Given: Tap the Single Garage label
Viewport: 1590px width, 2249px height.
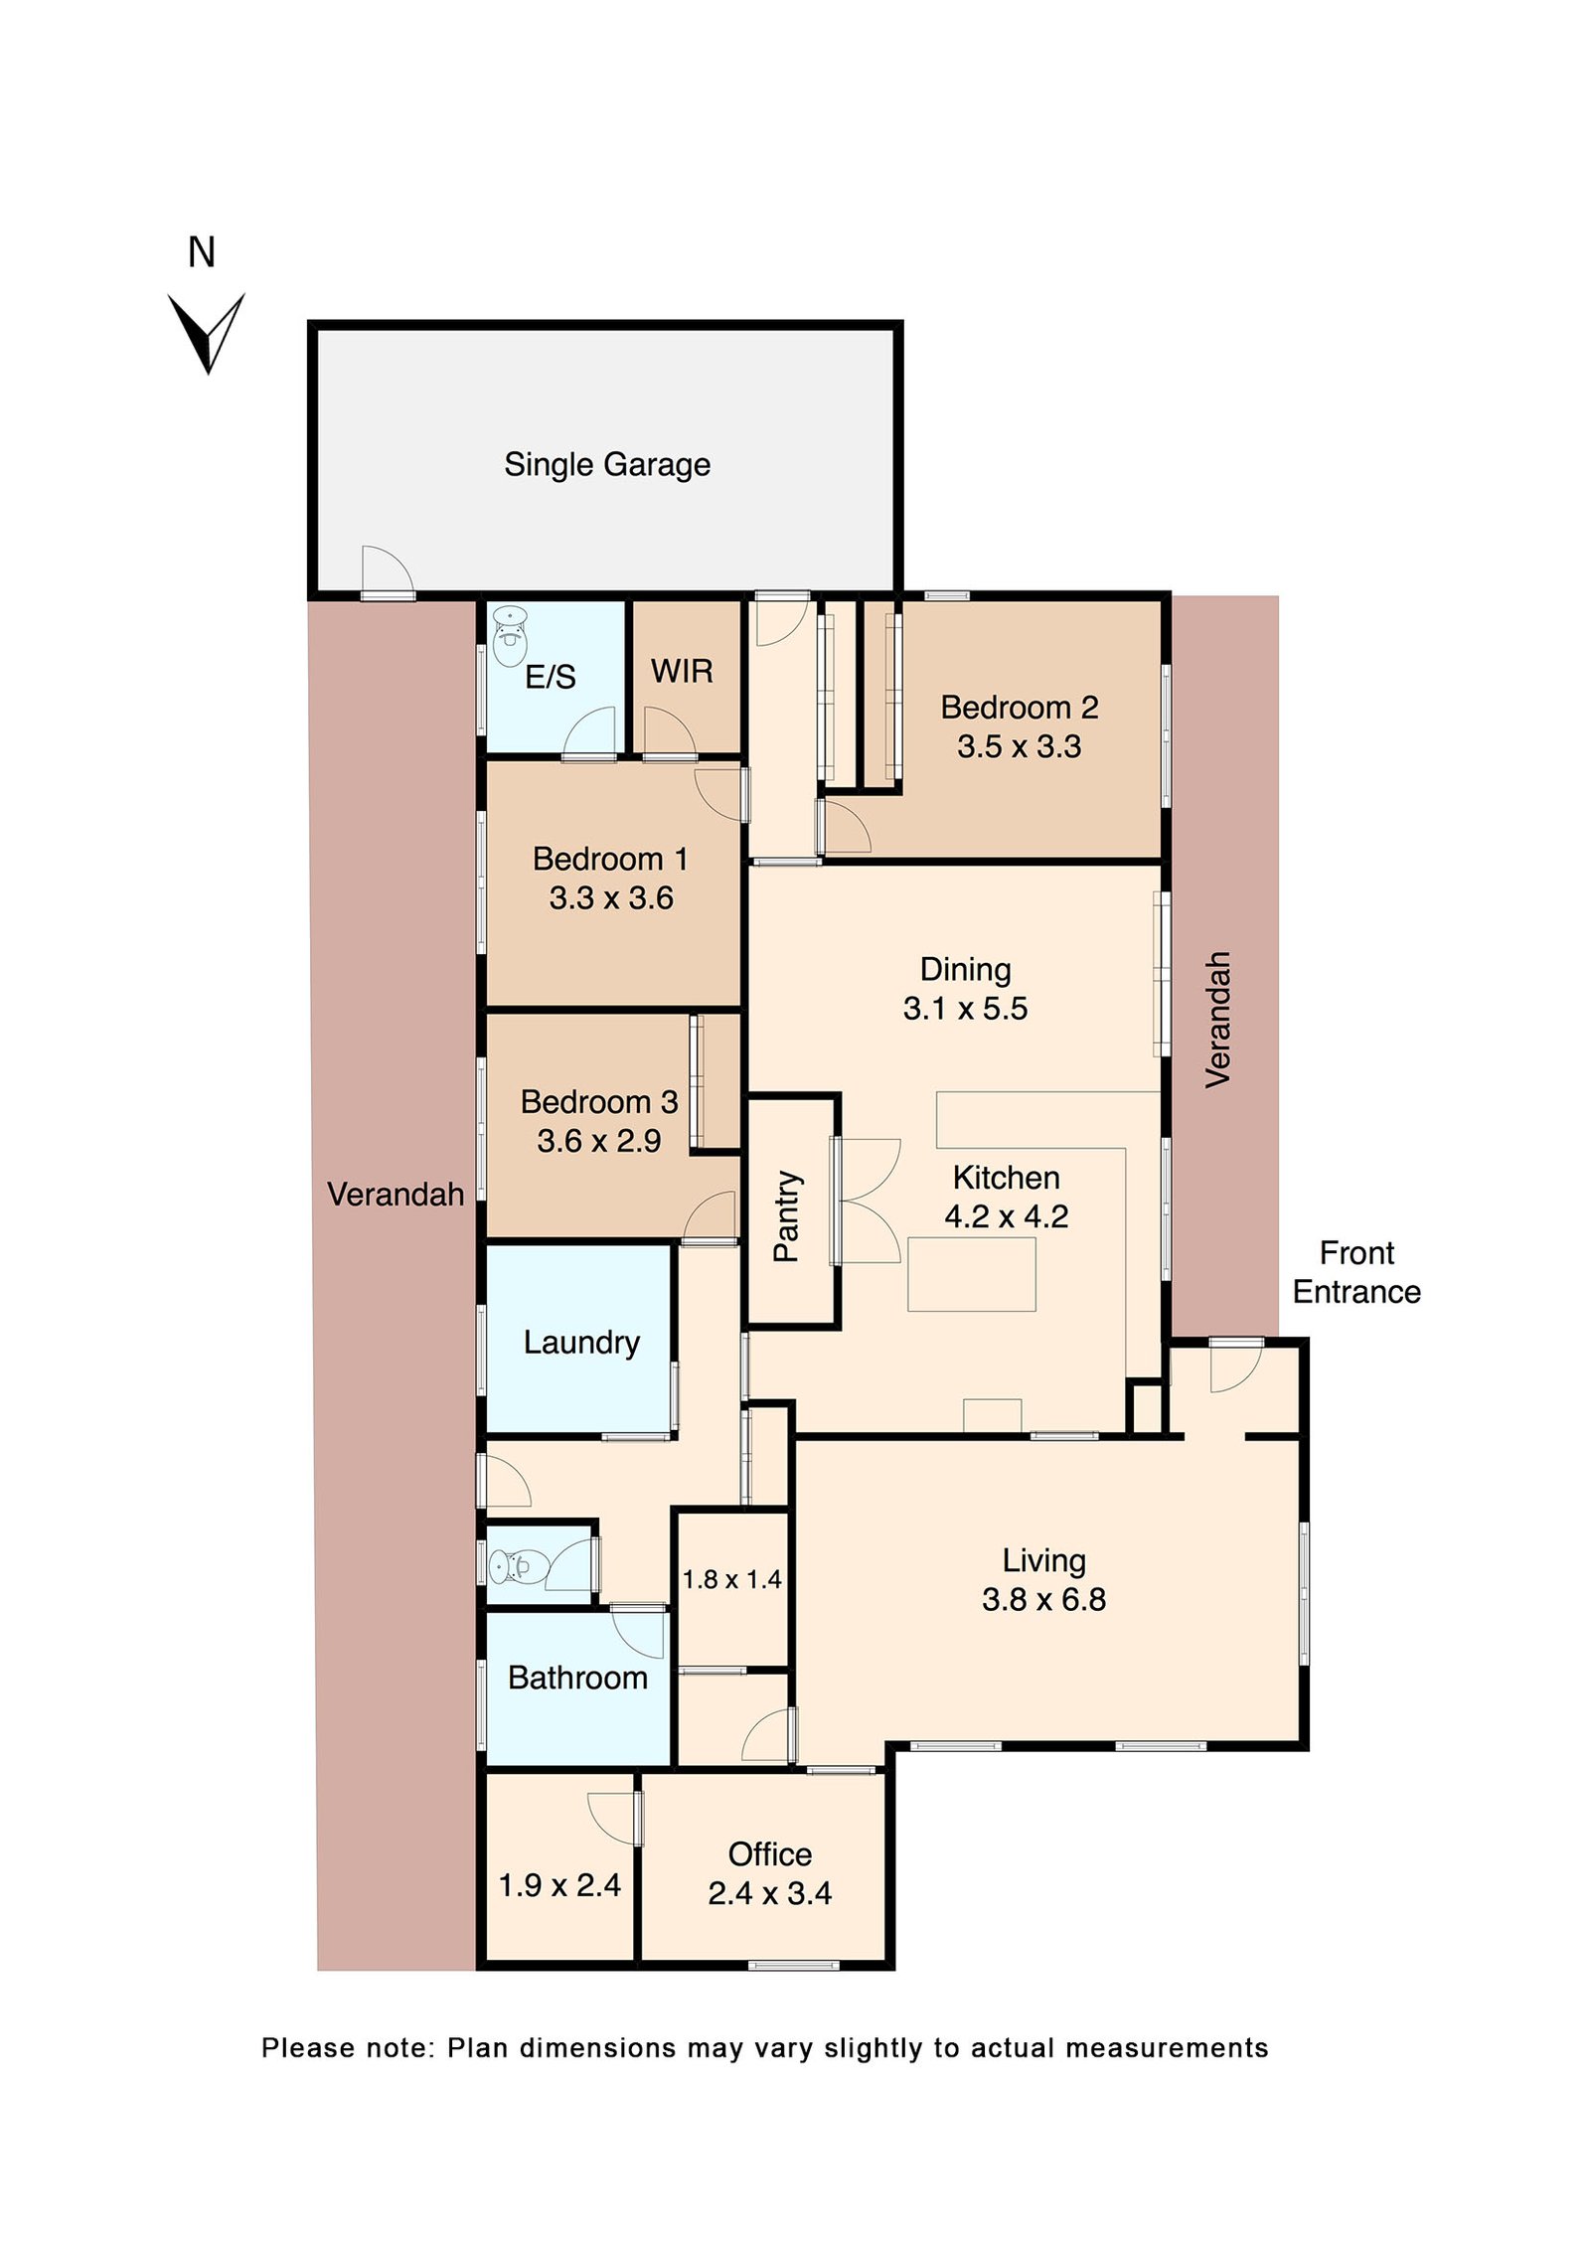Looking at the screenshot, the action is pos(607,465).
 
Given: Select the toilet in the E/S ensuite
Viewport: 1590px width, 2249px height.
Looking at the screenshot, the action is pos(510,636).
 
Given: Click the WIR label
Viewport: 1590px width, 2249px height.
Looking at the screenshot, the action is pos(682,672).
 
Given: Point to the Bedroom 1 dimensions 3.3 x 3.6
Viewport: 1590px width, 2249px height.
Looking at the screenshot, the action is pos(611,898).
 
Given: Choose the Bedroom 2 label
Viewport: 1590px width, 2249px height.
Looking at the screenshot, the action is pos(1020,708).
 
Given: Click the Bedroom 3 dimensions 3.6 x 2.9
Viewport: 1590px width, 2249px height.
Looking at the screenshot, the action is pos(599,1141).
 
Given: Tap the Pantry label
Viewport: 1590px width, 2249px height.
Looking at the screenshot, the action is pos(786,1216).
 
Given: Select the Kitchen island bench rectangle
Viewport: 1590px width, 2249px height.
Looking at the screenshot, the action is pos(971,1275).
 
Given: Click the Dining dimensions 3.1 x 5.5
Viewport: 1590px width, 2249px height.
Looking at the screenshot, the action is pos(965,1009).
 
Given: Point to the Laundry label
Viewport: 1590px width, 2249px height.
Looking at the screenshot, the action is pos(581,1344).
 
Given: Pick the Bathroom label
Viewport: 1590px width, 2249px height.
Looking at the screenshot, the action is pos(577,1679).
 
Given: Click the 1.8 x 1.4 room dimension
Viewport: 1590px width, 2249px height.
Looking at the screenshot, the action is pos(731,1579).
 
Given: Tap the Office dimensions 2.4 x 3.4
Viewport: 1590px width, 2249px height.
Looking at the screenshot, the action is pos(769,1893).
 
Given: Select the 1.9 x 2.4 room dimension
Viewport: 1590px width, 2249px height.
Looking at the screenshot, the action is pos(559,1885).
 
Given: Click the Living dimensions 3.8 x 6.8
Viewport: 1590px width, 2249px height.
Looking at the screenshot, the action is pos(1043,1600).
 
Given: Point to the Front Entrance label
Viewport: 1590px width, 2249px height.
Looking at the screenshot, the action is pos(1356,1273).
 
